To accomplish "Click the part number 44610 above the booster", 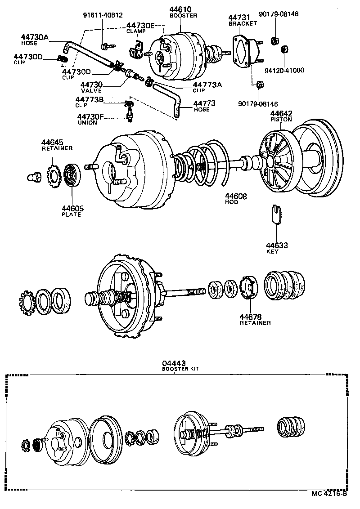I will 180,9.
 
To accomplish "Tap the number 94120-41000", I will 284,70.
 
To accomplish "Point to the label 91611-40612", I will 103,14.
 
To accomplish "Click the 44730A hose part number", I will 35,37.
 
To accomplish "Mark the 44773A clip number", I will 207,84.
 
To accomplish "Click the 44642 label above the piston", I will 281,113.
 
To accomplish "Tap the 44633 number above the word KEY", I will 277,245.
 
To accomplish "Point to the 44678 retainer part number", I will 251,317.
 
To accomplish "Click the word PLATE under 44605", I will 71,214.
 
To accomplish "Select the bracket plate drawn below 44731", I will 243,51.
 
